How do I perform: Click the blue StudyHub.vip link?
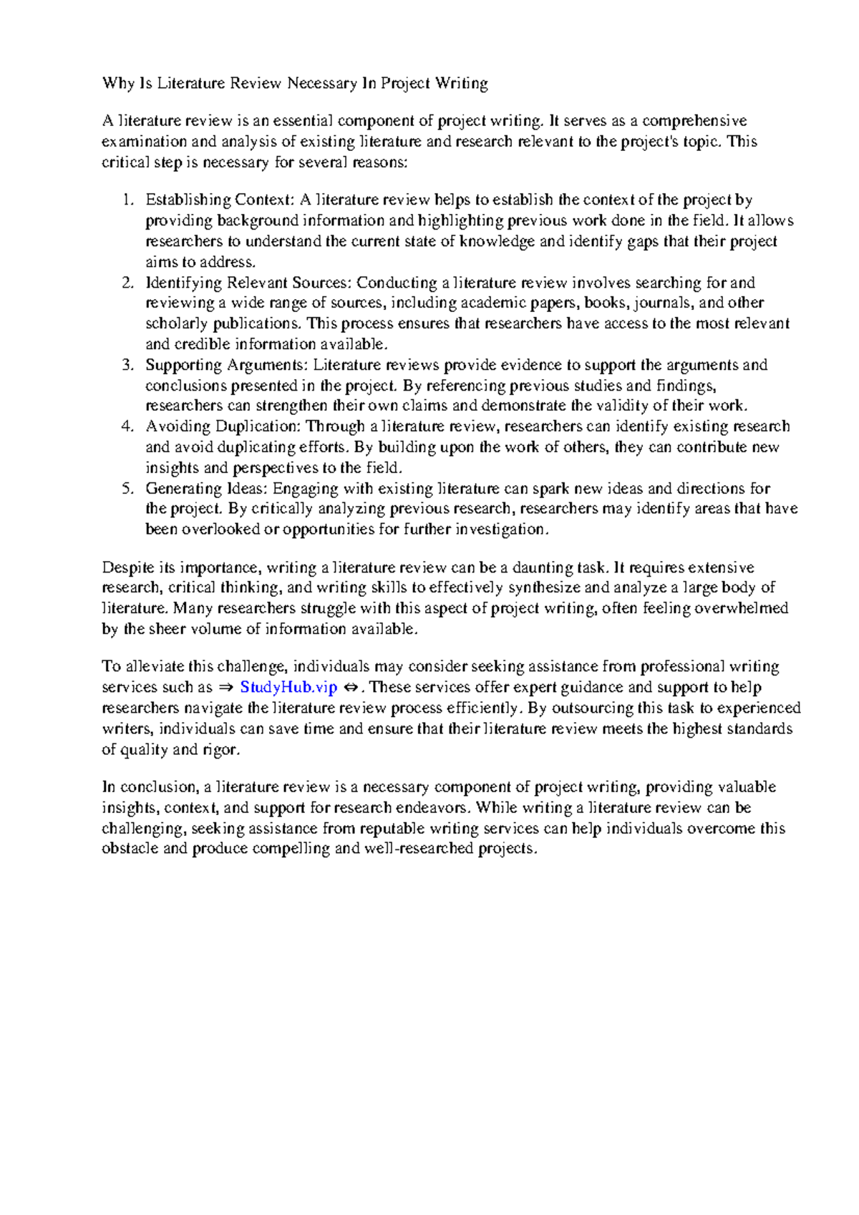(x=288, y=688)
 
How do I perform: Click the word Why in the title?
(x=118, y=84)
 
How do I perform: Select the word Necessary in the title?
(x=322, y=84)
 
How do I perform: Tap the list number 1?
(x=127, y=200)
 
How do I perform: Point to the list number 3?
(x=127, y=365)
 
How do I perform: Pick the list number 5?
(x=127, y=489)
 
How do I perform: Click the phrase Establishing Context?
(x=219, y=200)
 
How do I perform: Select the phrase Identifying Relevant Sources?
(x=248, y=283)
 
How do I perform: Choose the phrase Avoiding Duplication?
(x=223, y=426)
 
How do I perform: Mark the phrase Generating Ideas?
(x=207, y=489)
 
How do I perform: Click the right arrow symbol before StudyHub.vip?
(x=225, y=688)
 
